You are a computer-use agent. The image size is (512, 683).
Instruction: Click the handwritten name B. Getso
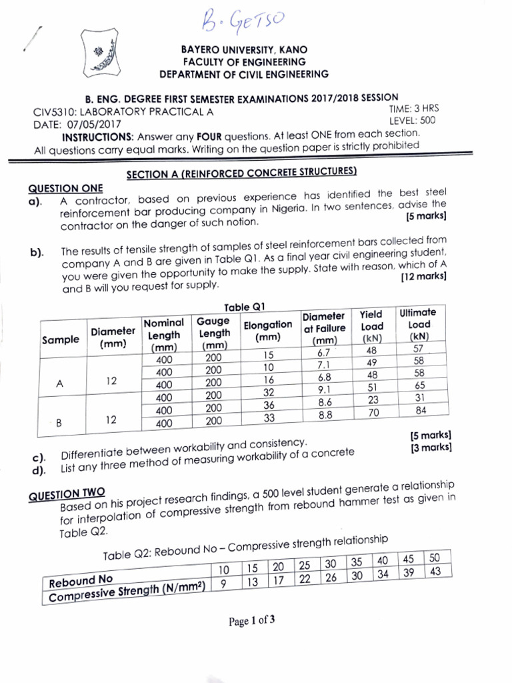[238, 25]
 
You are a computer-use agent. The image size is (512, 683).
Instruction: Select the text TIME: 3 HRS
[413, 108]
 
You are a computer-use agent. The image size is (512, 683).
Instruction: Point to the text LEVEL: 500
[412, 121]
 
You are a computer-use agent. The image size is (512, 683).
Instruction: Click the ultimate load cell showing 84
[420, 410]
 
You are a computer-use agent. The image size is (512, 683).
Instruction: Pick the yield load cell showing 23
[373, 400]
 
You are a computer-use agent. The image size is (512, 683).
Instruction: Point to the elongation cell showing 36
[269, 405]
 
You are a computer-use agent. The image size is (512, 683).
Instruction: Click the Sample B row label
[59, 423]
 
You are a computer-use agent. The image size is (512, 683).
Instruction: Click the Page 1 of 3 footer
[252, 622]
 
